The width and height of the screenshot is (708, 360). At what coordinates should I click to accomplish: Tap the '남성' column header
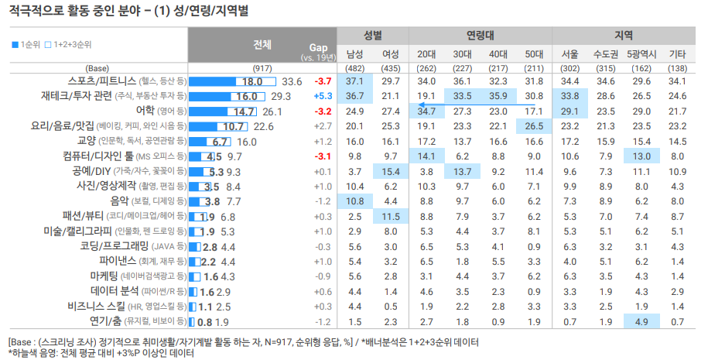tap(355, 54)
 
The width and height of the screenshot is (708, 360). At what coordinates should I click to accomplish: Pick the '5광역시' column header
tap(642, 54)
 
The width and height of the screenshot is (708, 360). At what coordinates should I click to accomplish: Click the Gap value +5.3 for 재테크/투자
tap(323, 96)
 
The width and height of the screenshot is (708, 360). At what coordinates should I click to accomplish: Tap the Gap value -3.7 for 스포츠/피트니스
tap(323, 81)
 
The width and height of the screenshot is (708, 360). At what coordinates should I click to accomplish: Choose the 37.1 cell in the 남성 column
tap(355, 81)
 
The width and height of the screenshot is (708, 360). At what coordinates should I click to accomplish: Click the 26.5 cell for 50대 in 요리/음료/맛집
tap(534, 126)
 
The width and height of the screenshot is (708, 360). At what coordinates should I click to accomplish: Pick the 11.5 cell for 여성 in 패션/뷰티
tap(391, 216)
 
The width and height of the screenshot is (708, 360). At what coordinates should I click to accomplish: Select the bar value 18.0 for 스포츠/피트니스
tap(253, 81)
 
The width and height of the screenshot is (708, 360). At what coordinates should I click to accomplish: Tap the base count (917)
tap(262, 68)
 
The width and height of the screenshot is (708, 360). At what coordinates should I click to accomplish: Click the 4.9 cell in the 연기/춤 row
tap(642, 321)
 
